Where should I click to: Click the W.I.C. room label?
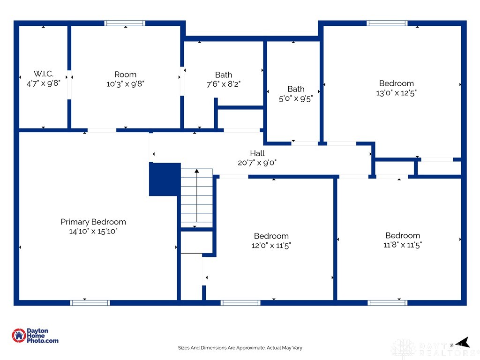[44, 74]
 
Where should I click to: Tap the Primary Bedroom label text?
[93, 222]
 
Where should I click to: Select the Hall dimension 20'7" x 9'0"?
[257, 163]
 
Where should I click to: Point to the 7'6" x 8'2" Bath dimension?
[224, 84]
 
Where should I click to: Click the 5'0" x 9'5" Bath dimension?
[296, 98]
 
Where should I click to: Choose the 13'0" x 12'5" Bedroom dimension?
[397, 93]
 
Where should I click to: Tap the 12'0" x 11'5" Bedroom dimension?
[271, 245]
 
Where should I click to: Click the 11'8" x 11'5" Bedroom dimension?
[403, 245]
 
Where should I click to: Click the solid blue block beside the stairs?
[165, 180]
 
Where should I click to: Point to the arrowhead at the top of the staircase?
[197, 171]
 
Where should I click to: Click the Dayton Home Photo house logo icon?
[19, 336]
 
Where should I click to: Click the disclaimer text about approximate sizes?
[240, 348]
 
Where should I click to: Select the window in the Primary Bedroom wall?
[90, 303]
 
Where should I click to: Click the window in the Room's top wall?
[125, 23]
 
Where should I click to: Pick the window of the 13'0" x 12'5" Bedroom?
[387, 23]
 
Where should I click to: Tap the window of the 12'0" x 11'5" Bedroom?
[240, 303]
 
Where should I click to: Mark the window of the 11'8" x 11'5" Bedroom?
[387, 303]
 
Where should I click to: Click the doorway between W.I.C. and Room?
[69, 85]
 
